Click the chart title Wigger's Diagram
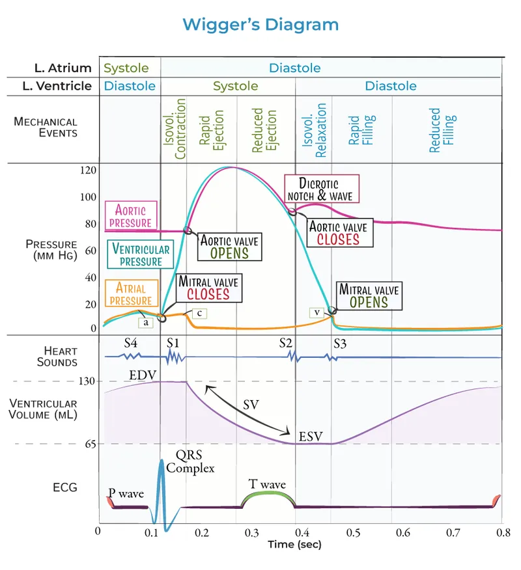coord(260,25)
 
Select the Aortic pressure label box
coord(130,216)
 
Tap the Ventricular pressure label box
coord(141,254)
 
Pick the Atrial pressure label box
coord(130,293)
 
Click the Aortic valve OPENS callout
coord(229,247)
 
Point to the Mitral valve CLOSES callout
coord(208,288)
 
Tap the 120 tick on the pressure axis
coord(89,170)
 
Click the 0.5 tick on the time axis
coord(353,533)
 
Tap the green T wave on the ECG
coord(268,499)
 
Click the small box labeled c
coord(200,314)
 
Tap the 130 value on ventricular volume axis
coord(89,381)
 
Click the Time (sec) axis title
coord(294,544)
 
